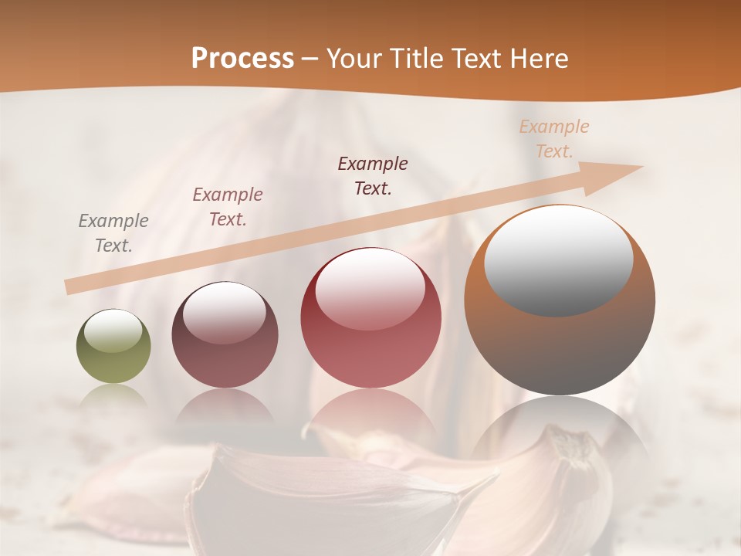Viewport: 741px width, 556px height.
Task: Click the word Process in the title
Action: [x=242, y=59]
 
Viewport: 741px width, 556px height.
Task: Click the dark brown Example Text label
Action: [x=373, y=175]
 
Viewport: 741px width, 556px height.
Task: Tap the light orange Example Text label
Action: [x=554, y=138]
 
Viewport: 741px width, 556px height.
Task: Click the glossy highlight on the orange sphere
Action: [x=559, y=260]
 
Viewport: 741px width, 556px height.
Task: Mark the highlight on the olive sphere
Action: [x=113, y=331]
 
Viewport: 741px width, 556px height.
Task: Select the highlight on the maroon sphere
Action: [x=225, y=313]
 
